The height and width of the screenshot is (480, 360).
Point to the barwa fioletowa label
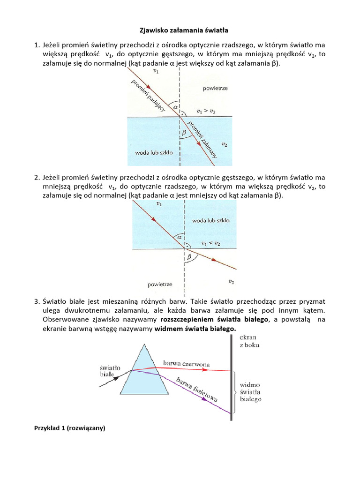[x=197, y=389]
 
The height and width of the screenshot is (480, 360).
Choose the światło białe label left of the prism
[x=109, y=371]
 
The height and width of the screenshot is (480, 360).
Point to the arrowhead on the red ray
[x=205, y=369]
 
